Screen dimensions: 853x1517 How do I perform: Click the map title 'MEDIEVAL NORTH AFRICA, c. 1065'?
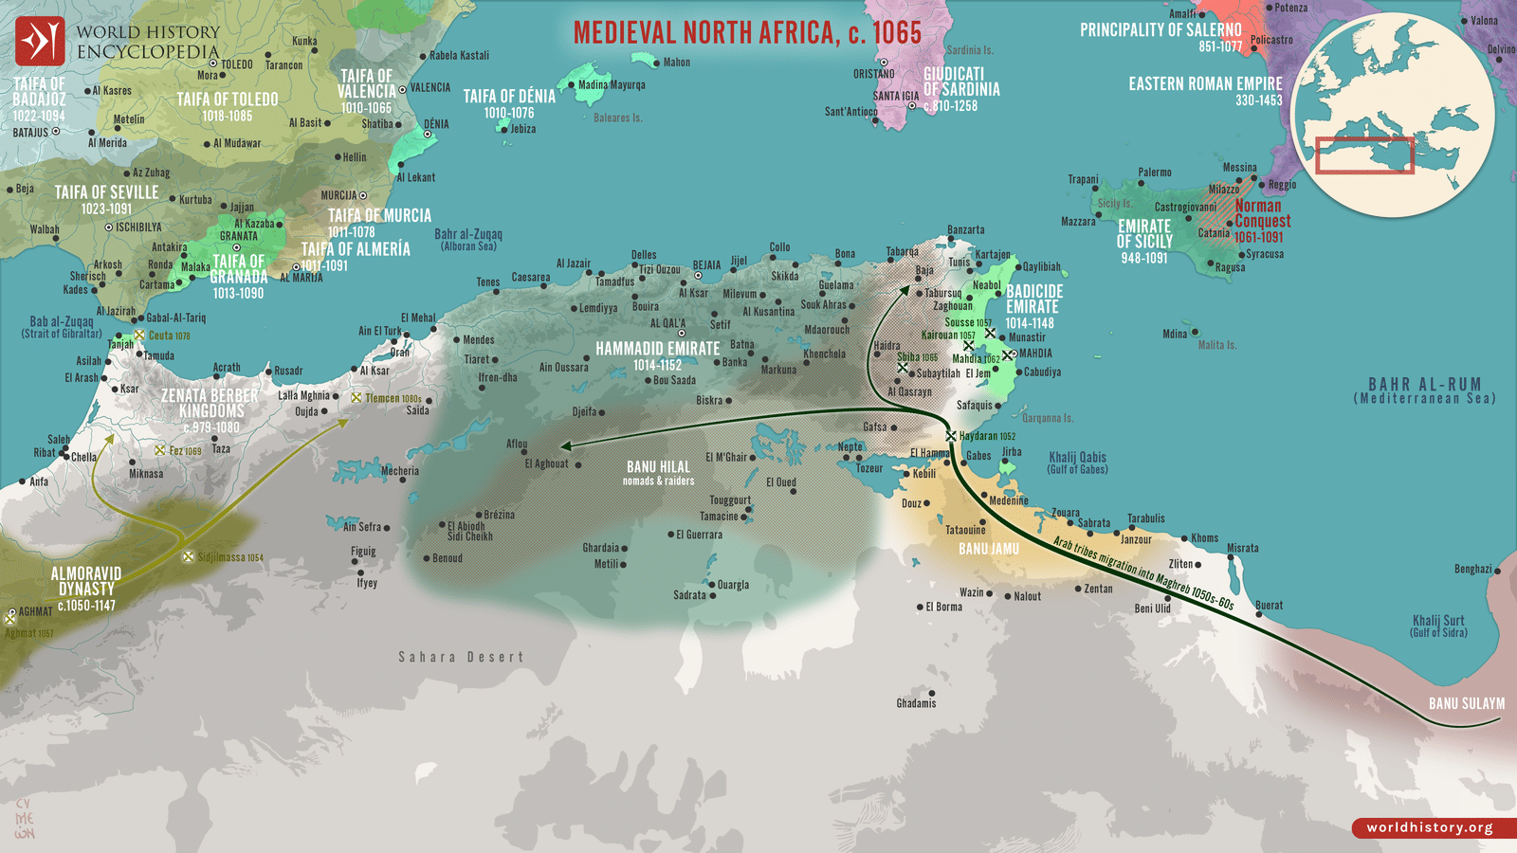(x=747, y=33)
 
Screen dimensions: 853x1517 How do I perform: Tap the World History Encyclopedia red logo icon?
(x=40, y=42)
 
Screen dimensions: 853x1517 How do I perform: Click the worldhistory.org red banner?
(x=1430, y=827)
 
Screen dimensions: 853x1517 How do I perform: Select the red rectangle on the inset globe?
(x=1364, y=155)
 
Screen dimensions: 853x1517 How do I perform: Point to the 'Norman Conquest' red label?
(x=1261, y=214)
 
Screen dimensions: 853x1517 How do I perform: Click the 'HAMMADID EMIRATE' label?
(x=657, y=349)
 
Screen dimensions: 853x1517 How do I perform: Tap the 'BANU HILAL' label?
(x=658, y=467)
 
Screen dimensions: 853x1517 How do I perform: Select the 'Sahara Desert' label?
(x=461, y=657)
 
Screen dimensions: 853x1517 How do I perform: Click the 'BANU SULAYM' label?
(x=1466, y=703)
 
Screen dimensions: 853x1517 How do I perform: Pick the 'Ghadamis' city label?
(x=916, y=703)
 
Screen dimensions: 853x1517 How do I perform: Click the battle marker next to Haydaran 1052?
(x=950, y=436)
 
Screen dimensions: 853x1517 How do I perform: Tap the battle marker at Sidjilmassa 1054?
(x=188, y=557)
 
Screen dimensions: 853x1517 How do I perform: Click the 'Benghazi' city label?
(x=1472, y=569)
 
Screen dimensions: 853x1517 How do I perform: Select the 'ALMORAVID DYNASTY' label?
(x=85, y=581)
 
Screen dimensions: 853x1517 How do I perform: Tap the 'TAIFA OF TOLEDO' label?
(x=228, y=100)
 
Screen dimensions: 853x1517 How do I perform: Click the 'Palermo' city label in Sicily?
(x=1155, y=172)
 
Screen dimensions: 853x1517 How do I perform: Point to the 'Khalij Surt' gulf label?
(x=1438, y=621)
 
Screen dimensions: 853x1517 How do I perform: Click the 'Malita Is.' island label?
(x=1216, y=345)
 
